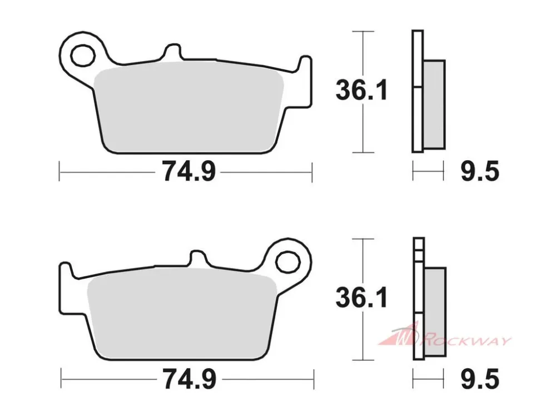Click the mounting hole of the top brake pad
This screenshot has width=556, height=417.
click(83, 55)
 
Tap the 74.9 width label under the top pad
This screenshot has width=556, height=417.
click(188, 171)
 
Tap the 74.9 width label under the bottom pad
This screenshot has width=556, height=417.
click(189, 379)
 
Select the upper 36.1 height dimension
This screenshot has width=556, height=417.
click(362, 90)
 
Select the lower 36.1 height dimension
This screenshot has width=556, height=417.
click(362, 298)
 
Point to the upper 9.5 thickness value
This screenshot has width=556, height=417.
click(480, 171)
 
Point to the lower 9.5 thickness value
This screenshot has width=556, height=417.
click(480, 379)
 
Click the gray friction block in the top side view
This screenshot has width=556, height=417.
click(434, 105)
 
